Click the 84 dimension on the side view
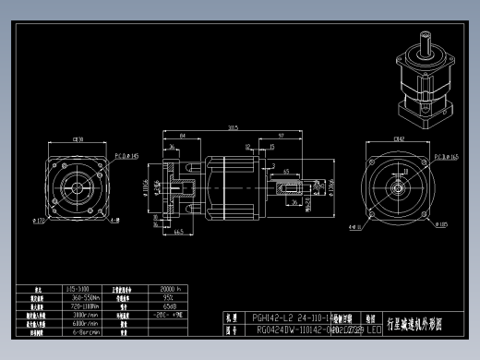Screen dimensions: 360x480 tap(184, 136)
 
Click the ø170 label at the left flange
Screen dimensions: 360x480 tap(39, 222)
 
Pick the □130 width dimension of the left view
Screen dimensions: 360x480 tap(78, 139)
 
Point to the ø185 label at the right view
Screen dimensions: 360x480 tap(443, 223)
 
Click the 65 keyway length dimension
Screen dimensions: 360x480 tap(287, 172)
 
